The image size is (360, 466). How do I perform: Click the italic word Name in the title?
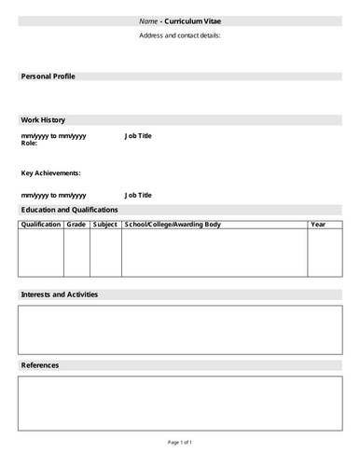(x=148, y=21)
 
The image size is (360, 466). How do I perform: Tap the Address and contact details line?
(x=180, y=35)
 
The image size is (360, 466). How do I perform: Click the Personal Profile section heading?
(x=48, y=76)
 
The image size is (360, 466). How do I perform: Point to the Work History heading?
(x=43, y=119)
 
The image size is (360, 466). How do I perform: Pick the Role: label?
(x=30, y=144)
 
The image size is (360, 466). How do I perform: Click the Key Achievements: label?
(x=51, y=173)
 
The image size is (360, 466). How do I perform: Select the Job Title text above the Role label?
(x=138, y=136)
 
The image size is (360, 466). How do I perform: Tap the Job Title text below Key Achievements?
(x=138, y=195)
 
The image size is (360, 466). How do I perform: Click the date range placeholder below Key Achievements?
(x=53, y=195)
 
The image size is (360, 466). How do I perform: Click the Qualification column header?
(x=40, y=225)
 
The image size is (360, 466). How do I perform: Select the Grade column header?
(x=76, y=225)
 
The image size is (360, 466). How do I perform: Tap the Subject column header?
(x=105, y=225)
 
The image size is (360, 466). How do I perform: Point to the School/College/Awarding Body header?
(x=173, y=225)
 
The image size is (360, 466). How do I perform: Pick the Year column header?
(x=318, y=225)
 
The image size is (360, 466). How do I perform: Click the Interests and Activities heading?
(x=59, y=295)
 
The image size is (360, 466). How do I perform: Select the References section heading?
(x=40, y=365)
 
